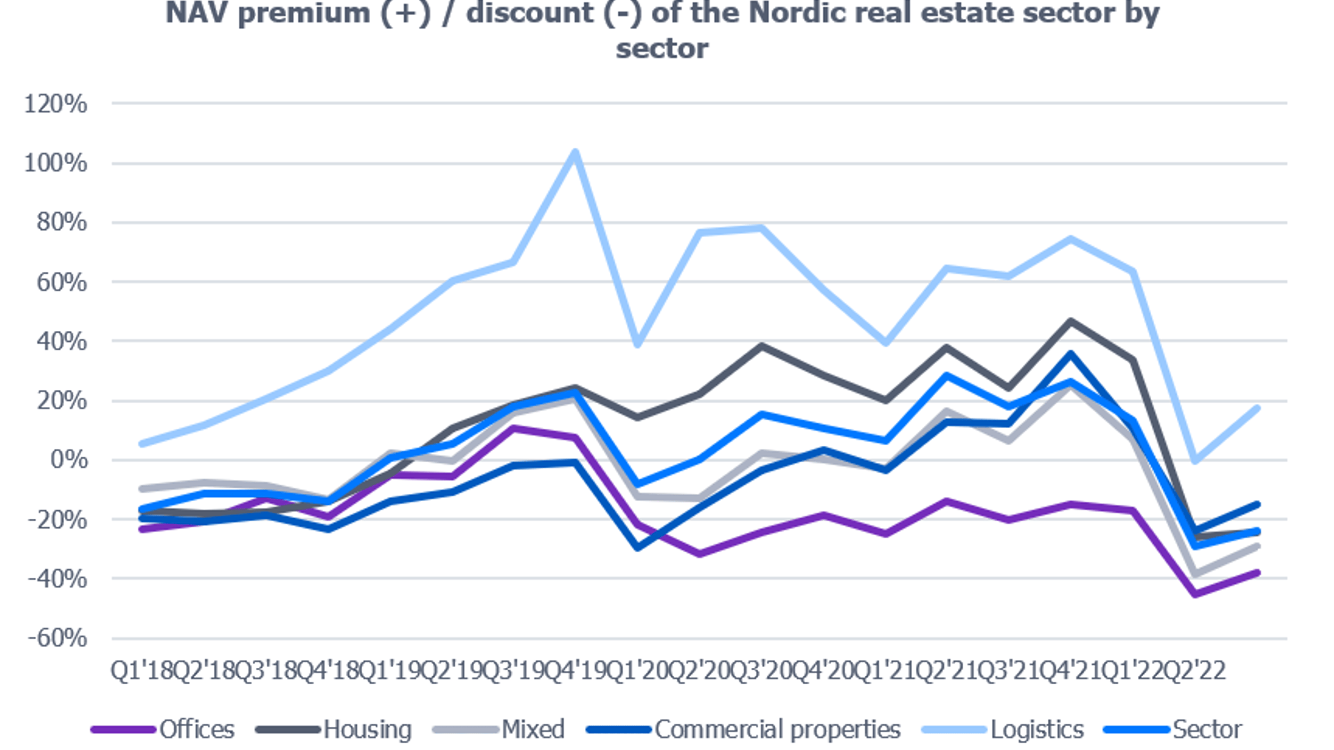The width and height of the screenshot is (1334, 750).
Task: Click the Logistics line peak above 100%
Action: click(x=575, y=152)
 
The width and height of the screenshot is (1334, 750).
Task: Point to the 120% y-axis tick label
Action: click(x=56, y=104)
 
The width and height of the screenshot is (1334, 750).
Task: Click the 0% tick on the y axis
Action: click(x=69, y=460)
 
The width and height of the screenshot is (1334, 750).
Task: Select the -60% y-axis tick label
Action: click(x=57, y=638)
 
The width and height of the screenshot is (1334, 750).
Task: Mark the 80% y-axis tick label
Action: click(x=61, y=223)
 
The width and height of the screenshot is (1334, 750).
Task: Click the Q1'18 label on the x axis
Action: click(x=141, y=671)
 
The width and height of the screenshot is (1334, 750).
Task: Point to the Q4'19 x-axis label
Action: click(x=575, y=671)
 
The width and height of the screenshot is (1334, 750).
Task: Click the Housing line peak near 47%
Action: click(x=1070, y=321)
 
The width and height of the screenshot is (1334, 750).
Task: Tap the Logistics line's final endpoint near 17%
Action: click(x=1257, y=409)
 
